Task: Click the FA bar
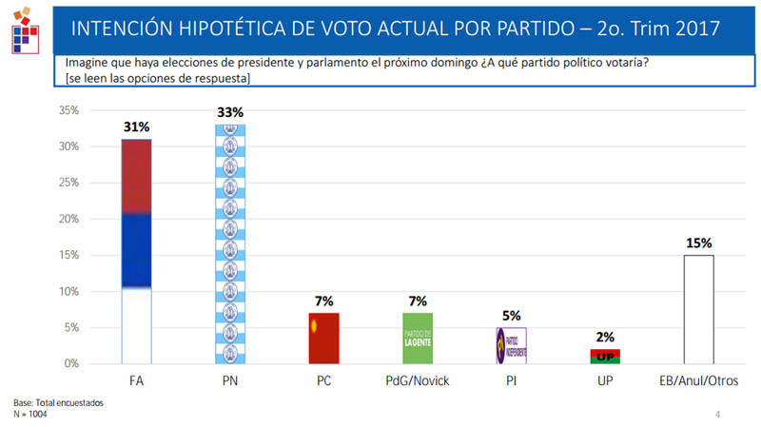click(x=136, y=251)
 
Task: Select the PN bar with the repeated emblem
click(x=230, y=244)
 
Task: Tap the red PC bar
click(x=324, y=338)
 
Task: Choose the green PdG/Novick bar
click(x=419, y=338)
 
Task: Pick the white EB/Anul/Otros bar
click(x=700, y=309)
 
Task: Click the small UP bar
click(x=606, y=357)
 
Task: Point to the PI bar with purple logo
click(x=512, y=345)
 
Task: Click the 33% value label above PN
click(x=230, y=112)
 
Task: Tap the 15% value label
click(x=700, y=243)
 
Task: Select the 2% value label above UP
click(x=606, y=337)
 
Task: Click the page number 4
click(x=718, y=415)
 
